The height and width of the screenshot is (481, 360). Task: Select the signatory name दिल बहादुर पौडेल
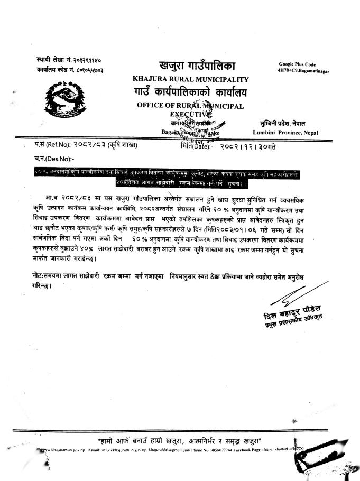coord(294,312)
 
